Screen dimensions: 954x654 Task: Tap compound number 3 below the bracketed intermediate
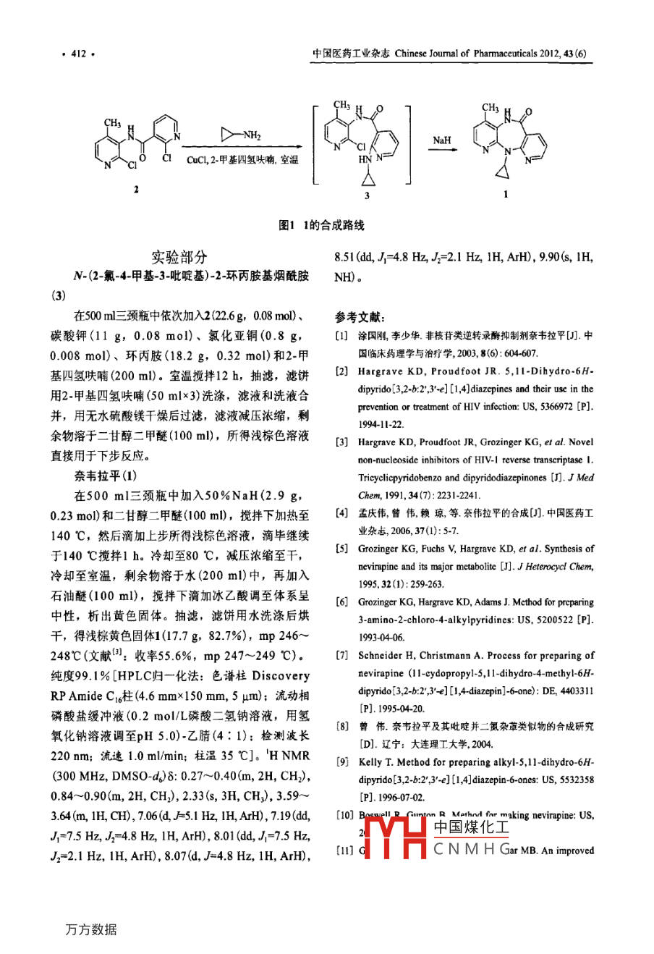(367, 195)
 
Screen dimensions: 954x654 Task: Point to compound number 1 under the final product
(506, 194)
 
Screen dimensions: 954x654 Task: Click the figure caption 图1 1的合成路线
(322, 225)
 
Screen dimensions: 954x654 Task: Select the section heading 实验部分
(179, 257)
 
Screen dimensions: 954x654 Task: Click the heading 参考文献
(360, 317)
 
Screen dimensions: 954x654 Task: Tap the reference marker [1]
(341, 335)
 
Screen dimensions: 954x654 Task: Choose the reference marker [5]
(341, 549)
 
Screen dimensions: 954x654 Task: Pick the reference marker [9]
(341, 761)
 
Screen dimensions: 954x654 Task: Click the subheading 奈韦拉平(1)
(104, 476)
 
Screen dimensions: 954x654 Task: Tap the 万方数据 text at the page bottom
(90, 929)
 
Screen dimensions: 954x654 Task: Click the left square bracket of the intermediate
(317, 145)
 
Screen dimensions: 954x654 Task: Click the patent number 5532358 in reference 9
(577, 780)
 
